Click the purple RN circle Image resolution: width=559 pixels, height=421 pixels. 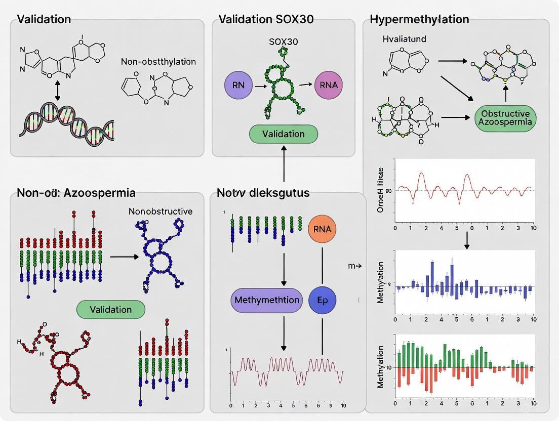(237, 84)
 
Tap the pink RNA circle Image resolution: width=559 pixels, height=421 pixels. (329, 84)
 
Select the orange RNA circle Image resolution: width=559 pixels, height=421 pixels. (322, 229)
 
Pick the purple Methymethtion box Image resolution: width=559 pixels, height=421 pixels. (266, 300)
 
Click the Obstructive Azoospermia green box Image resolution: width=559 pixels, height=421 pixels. (505, 117)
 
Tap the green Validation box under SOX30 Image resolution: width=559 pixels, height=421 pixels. (284, 134)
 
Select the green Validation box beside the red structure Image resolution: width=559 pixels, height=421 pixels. (110, 309)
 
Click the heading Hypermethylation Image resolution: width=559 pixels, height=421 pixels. (419, 20)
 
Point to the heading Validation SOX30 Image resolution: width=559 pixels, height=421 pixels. (266, 20)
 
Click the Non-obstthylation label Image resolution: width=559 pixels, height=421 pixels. (158, 62)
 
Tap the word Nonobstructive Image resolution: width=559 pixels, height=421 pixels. (160, 211)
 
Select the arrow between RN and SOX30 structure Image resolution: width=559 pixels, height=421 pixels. (259, 87)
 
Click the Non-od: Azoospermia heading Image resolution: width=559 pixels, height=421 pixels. (76, 193)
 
